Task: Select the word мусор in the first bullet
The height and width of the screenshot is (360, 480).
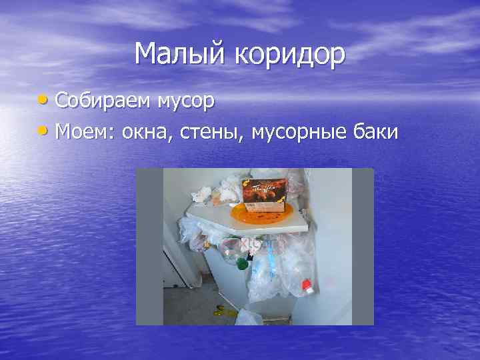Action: pyautogui.click(x=186, y=102)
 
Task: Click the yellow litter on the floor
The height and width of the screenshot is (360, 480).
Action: pyautogui.click(x=220, y=309)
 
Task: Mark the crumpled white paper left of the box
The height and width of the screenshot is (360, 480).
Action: pyautogui.click(x=203, y=195)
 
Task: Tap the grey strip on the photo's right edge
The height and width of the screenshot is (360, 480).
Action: pyautogui.click(x=363, y=247)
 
